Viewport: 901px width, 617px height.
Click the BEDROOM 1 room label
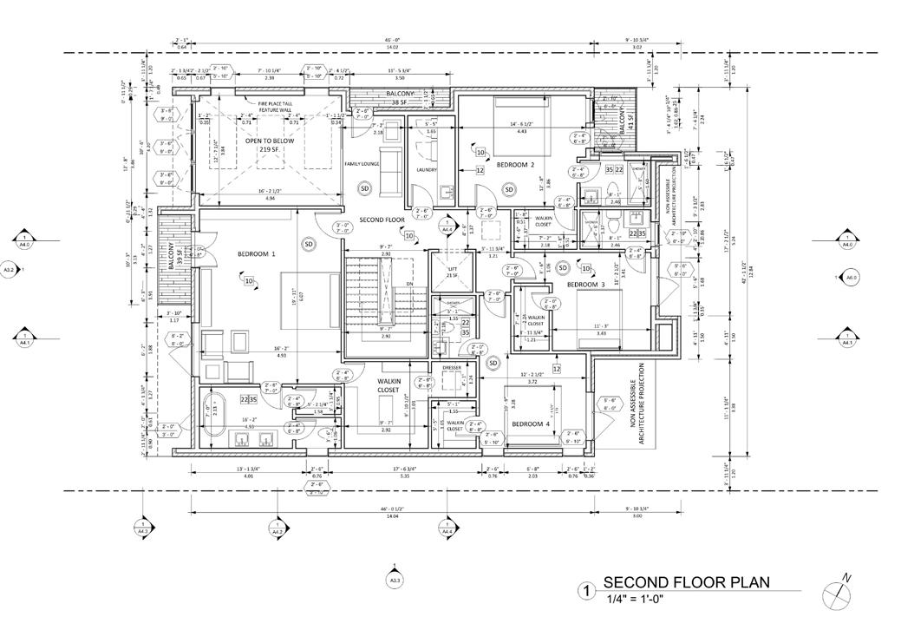coord(256,254)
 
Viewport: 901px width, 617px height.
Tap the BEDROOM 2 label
coord(514,165)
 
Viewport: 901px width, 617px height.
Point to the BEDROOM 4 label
coord(531,423)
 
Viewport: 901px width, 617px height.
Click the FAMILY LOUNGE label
coord(362,164)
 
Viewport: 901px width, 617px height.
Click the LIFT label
coord(451,270)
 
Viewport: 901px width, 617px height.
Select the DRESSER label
coord(451,367)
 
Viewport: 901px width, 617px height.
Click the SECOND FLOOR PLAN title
coord(686,581)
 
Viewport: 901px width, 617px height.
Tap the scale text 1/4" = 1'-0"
coord(638,598)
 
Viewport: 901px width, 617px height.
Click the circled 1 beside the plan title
coord(588,592)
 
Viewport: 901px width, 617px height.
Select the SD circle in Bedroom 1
coord(308,245)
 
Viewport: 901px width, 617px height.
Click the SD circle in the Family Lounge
coord(364,188)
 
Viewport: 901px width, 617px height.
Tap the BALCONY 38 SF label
coord(401,97)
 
